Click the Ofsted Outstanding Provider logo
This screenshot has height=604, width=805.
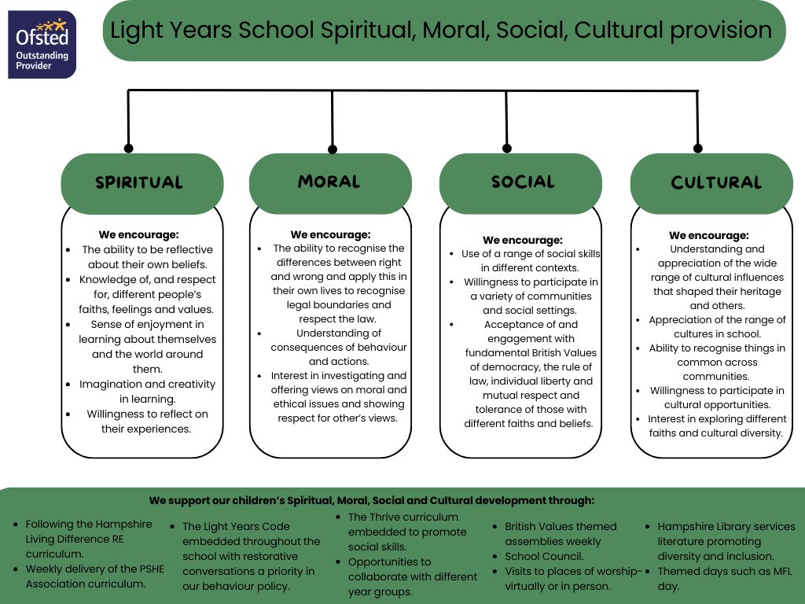tap(42, 44)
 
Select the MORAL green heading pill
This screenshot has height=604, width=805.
tap(330, 182)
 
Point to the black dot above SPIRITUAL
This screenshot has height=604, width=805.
tap(129, 148)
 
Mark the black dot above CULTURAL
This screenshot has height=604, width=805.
tap(697, 148)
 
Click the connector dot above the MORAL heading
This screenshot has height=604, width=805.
tap(333, 149)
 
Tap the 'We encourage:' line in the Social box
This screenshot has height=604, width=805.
tap(522, 240)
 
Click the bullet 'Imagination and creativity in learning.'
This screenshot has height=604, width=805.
tap(147, 392)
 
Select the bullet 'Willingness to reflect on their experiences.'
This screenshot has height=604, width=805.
tap(146, 422)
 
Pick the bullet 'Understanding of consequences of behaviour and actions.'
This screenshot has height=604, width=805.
tap(339, 347)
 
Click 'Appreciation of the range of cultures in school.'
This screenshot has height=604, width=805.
tap(717, 326)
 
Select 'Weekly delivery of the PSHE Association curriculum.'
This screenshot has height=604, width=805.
tap(94, 576)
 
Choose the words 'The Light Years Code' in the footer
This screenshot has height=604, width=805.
tap(236, 526)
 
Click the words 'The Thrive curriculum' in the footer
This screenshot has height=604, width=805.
tap(402, 517)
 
